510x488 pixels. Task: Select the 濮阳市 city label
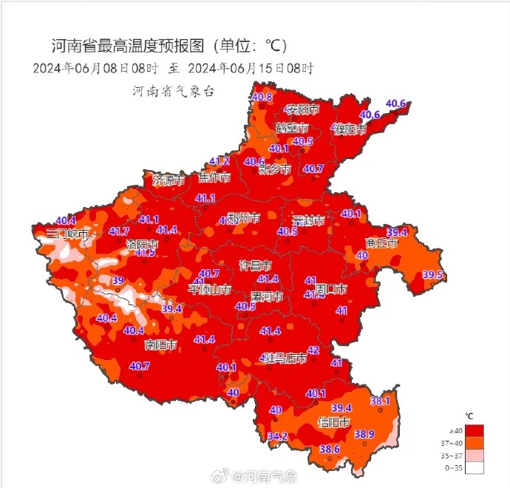click(x=349, y=129)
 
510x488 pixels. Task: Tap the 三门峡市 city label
click(x=67, y=234)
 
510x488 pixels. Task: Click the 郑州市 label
click(x=244, y=219)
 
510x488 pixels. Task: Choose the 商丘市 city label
click(x=381, y=243)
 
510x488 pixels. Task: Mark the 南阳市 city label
click(x=160, y=345)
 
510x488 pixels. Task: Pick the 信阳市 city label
click(x=333, y=422)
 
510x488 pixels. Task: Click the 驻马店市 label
click(x=285, y=359)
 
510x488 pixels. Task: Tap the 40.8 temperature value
click(x=262, y=98)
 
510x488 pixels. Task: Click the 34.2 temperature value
click(x=277, y=436)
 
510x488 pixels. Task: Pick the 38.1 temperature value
click(x=380, y=401)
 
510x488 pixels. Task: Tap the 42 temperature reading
click(x=313, y=350)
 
